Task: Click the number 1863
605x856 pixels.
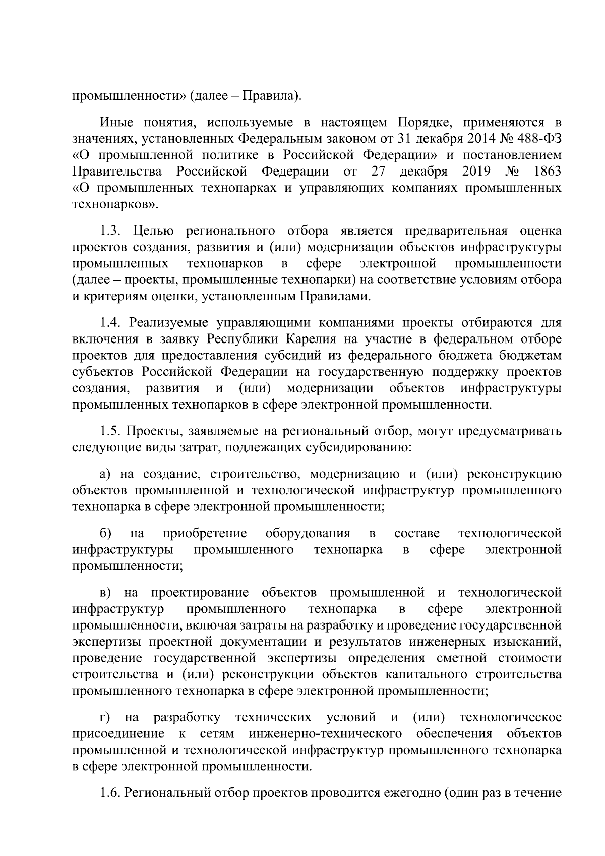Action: pyautogui.click(x=547, y=172)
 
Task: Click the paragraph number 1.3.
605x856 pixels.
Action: pyautogui.click(x=109, y=231)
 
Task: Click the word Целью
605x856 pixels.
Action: pyautogui.click(x=154, y=231)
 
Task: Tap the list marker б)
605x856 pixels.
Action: pyautogui.click(x=105, y=533)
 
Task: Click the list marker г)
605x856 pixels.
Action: pyautogui.click(x=104, y=717)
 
